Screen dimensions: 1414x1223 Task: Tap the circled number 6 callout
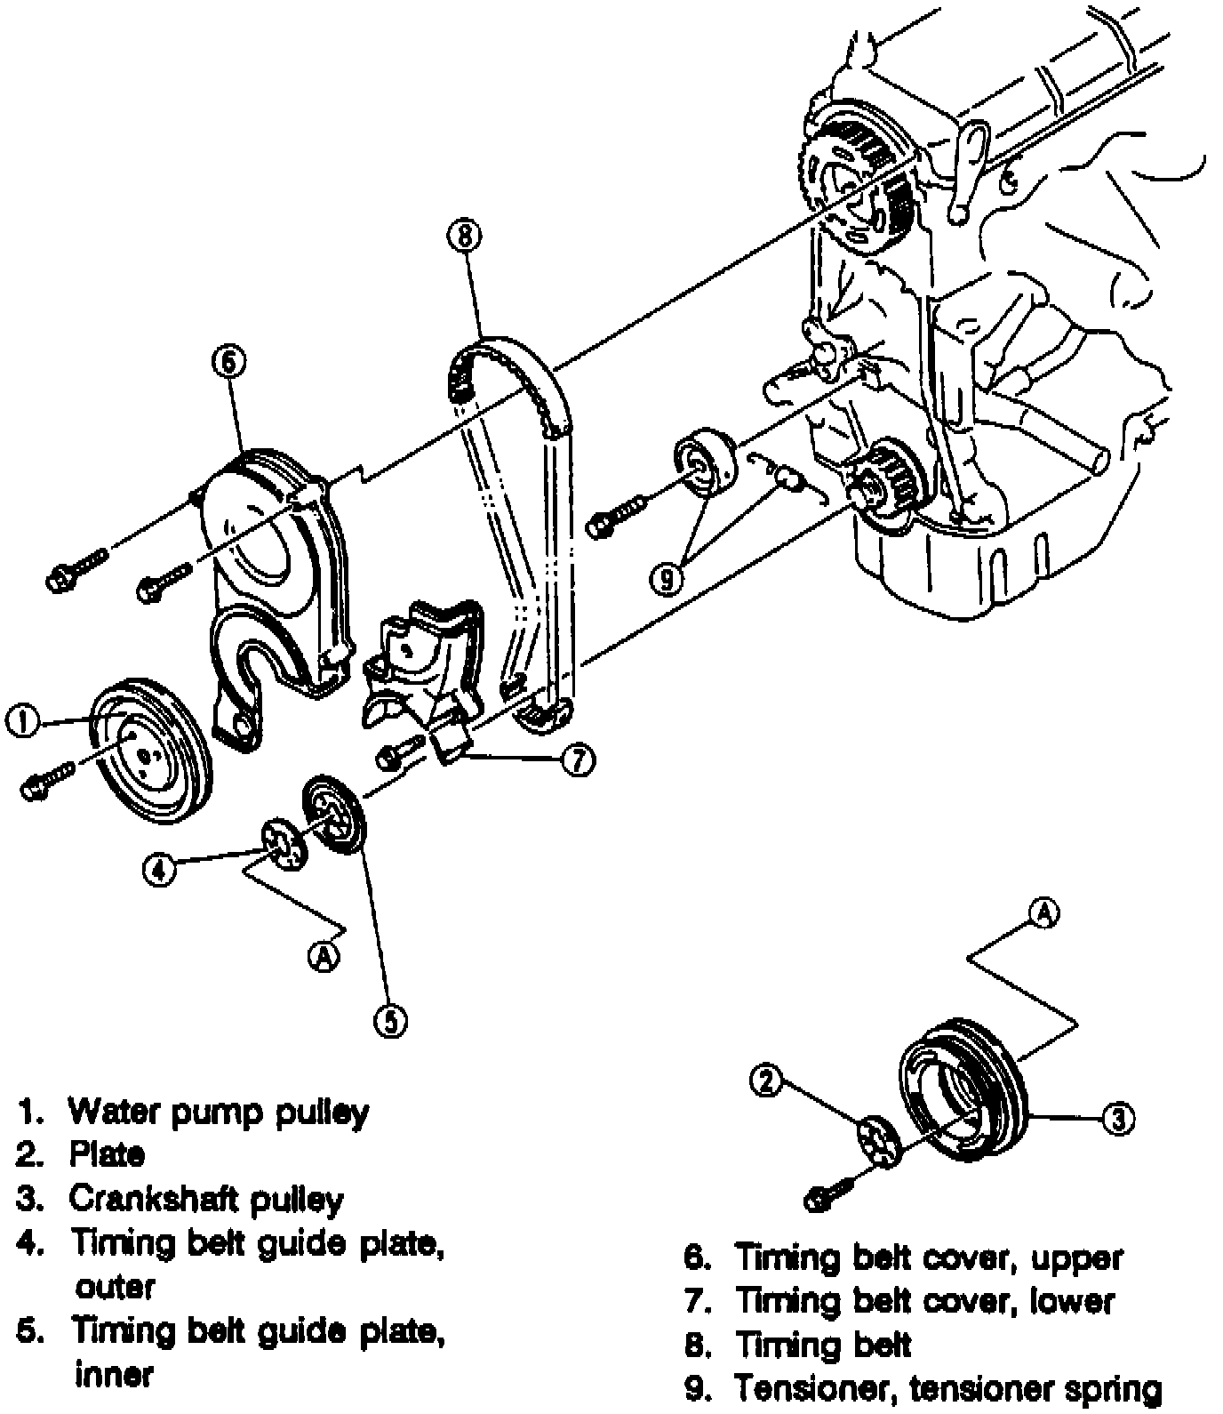(x=228, y=362)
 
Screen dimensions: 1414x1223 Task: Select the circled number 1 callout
(x=22, y=721)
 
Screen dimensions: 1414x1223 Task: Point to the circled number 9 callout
(x=666, y=579)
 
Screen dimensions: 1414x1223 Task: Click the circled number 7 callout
(x=579, y=760)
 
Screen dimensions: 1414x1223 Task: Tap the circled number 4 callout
(x=160, y=869)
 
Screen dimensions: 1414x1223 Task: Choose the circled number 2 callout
(x=768, y=1081)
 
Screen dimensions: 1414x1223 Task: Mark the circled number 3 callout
(x=1119, y=1118)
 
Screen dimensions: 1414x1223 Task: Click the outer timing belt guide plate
(x=284, y=844)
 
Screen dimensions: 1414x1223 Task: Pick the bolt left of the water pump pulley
(x=48, y=780)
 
